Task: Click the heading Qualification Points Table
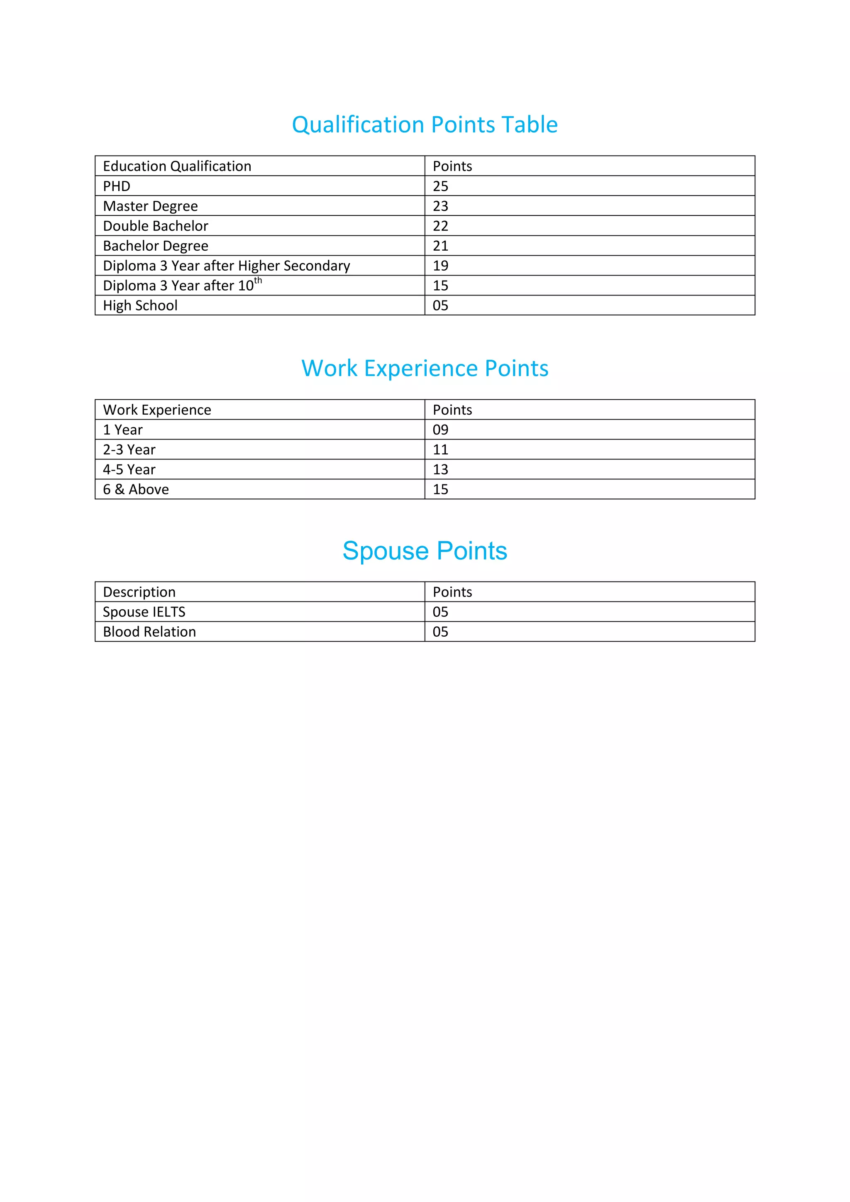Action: [x=425, y=125]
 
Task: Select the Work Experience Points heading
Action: [x=425, y=369]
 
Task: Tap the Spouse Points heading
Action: [x=425, y=551]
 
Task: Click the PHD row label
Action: [x=116, y=186]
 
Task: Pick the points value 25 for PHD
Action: [x=440, y=186]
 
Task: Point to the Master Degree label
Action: [x=150, y=206]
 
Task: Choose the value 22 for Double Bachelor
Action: [x=440, y=226]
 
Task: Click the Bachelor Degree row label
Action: [x=156, y=246]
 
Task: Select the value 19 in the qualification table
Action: [x=440, y=266]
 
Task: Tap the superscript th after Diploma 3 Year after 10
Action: [x=258, y=281]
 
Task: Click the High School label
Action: [x=140, y=306]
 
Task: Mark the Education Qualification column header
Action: [x=177, y=166]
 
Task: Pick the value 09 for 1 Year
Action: [x=440, y=430]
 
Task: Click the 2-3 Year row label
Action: [x=129, y=450]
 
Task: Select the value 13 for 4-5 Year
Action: [x=440, y=469]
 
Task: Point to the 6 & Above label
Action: [x=136, y=489]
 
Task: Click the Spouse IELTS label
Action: [x=144, y=612]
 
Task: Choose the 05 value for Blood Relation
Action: [x=440, y=632]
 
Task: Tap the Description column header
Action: [x=139, y=592]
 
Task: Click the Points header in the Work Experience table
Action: [x=452, y=410]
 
